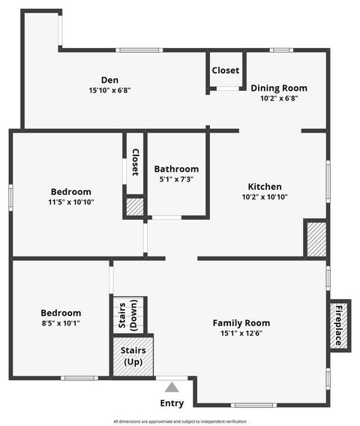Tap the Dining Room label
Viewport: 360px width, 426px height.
click(278, 88)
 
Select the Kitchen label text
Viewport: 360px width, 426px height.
click(265, 187)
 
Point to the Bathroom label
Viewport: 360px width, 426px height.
click(176, 169)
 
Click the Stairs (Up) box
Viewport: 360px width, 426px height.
click(133, 355)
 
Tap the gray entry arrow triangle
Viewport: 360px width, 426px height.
click(172, 388)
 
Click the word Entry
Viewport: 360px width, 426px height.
click(172, 403)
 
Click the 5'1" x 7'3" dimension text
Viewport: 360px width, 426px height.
click(176, 180)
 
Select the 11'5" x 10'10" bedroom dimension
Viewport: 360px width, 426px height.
click(71, 202)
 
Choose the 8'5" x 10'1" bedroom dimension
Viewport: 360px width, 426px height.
click(61, 323)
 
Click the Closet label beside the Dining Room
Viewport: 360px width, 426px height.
click(225, 70)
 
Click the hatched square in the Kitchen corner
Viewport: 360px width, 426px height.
click(315, 238)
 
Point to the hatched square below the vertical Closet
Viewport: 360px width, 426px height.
click(134, 207)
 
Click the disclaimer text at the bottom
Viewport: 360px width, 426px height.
click(180, 421)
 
